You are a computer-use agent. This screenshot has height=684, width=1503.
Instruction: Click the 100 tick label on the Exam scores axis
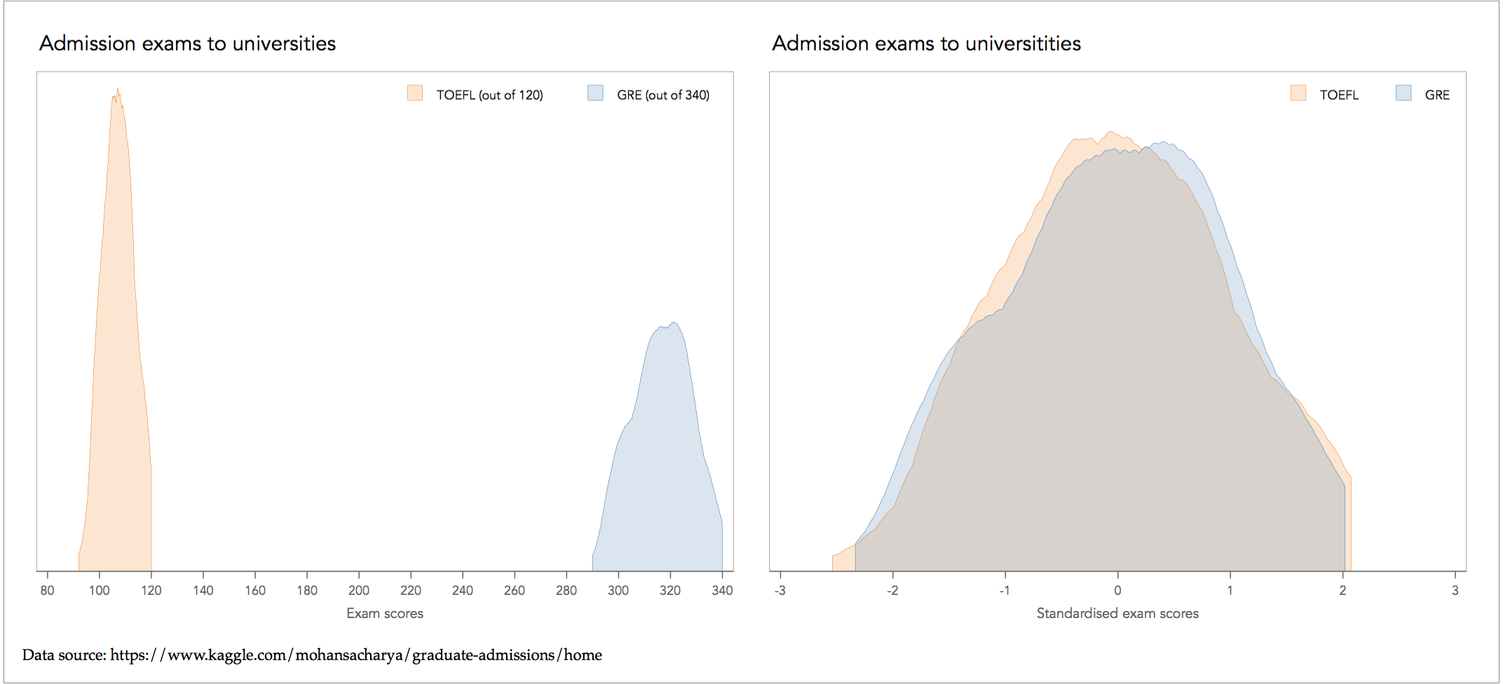tap(99, 591)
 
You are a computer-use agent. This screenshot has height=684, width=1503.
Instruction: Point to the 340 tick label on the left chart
tap(722, 591)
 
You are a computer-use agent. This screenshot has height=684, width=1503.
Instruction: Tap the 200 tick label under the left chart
tap(359, 591)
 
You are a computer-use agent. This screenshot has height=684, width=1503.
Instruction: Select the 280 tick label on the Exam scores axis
tap(566, 591)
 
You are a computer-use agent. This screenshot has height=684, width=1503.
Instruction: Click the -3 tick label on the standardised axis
tap(780, 591)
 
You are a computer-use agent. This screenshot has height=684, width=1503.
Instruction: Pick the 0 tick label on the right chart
tap(1117, 591)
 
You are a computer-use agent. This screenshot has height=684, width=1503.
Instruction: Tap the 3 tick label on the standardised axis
tap(1455, 591)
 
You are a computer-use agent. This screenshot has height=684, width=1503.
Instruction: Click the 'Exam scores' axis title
tap(385, 614)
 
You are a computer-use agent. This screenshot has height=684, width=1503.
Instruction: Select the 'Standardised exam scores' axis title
tap(1117, 614)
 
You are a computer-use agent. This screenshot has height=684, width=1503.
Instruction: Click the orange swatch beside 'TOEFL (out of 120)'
tap(415, 93)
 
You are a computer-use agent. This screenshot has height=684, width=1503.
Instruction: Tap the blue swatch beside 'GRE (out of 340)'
tap(595, 93)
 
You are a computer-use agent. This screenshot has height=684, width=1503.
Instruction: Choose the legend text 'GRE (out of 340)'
tap(663, 95)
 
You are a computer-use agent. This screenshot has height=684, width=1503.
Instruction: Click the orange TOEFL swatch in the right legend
tap(1298, 93)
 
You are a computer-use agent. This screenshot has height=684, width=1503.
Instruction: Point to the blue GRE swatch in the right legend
tap(1403, 93)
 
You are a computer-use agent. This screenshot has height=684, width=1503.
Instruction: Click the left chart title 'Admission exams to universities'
tap(187, 43)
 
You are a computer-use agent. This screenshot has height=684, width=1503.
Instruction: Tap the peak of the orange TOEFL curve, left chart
tap(117, 90)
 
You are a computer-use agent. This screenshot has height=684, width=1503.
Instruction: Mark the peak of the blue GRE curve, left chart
tap(674, 323)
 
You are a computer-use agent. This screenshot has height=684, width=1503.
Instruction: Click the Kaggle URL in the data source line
tap(356, 655)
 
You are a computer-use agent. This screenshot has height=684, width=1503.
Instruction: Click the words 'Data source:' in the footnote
tap(64, 655)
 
